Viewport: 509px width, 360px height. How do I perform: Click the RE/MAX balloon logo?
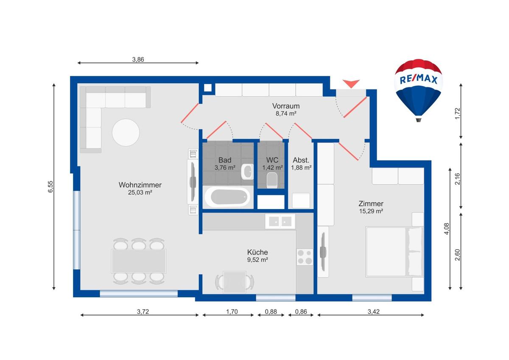click(418, 90)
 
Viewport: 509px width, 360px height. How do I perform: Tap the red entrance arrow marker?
click(351, 84)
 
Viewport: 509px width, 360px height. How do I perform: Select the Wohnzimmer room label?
click(140, 185)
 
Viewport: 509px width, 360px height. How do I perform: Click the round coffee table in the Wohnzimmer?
click(126, 132)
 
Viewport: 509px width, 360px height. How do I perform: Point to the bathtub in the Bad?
click(228, 197)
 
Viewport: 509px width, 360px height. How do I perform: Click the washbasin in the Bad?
click(247, 171)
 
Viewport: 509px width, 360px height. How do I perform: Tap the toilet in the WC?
click(272, 180)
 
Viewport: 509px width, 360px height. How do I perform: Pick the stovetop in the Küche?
click(305, 257)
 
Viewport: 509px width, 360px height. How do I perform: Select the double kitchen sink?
click(280, 221)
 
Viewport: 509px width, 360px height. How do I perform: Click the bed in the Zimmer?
click(395, 252)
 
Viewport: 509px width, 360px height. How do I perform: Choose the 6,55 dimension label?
click(50, 187)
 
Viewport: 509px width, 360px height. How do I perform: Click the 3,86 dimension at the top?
click(138, 59)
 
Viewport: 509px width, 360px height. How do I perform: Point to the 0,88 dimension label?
click(271, 312)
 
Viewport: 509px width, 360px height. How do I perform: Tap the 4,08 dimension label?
click(447, 229)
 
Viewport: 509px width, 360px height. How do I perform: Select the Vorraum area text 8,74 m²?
click(286, 113)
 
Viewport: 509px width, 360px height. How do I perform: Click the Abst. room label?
click(301, 160)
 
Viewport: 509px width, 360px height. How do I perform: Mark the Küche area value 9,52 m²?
click(257, 260)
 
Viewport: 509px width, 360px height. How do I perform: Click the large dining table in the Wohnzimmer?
click(139, 261)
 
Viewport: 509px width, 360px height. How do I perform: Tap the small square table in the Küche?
click(235, 282)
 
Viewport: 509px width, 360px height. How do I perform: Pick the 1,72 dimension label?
click(457, 113)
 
